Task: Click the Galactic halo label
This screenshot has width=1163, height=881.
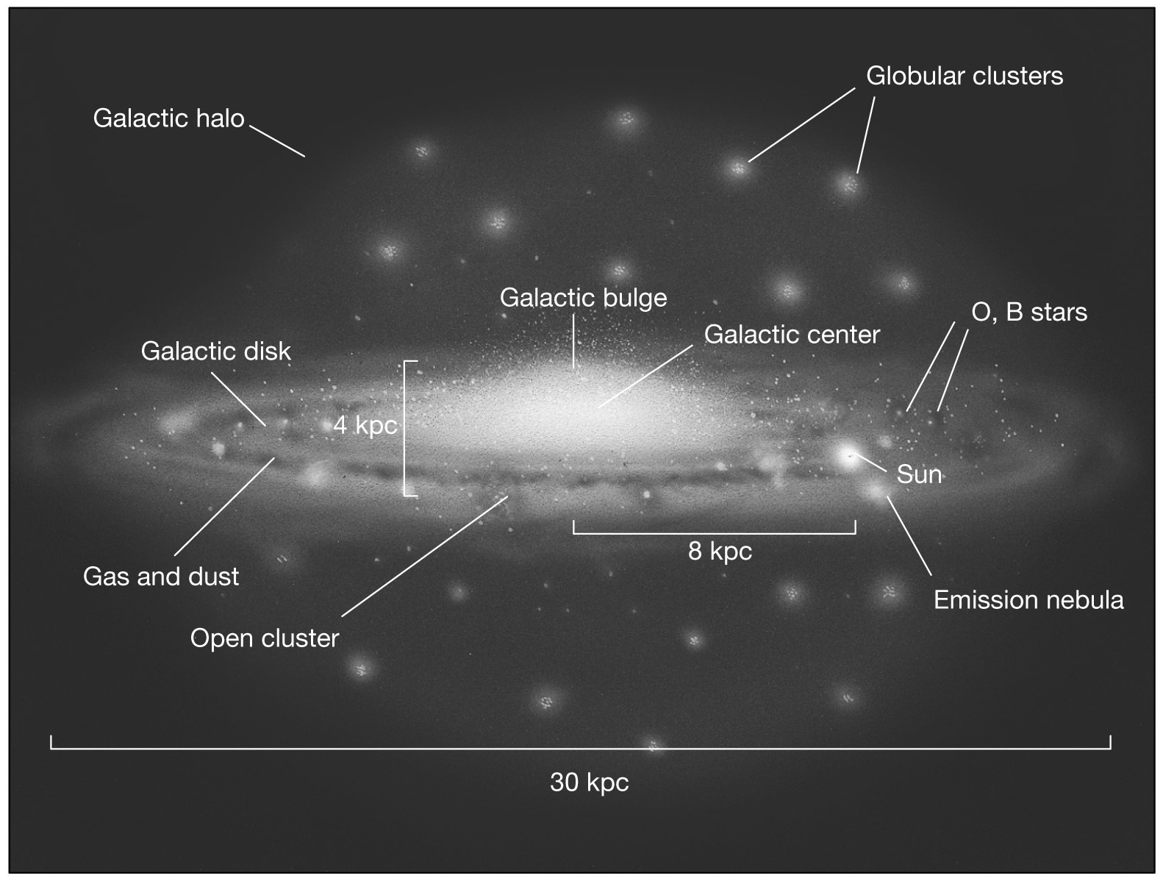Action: coord(168,118)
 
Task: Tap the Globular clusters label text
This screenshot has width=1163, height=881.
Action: coord(964,76)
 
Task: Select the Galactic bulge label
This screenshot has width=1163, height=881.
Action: coord(583,298)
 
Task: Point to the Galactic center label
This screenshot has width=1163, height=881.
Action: coord(792,335)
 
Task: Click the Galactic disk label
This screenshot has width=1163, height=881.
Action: coord(215,352)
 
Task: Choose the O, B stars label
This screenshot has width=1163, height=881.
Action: coord(1028,312)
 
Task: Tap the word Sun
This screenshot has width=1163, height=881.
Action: coord(919,474)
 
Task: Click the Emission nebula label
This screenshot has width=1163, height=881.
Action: coord(1028,600)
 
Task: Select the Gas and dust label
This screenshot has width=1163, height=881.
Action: coord(161,576)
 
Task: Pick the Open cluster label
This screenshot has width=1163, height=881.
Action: coord(265,638)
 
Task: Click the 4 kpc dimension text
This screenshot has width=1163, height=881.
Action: coord(365,425)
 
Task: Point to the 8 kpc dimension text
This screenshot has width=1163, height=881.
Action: coord(720,551)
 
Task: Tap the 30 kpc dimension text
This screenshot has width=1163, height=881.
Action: coord(589,782)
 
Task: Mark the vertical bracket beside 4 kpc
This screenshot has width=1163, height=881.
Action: coord(406,429)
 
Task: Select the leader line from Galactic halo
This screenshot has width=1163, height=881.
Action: coord(277,141)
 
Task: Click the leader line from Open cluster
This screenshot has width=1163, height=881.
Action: coord(425,556)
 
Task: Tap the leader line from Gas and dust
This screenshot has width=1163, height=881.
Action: coord(225,506)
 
